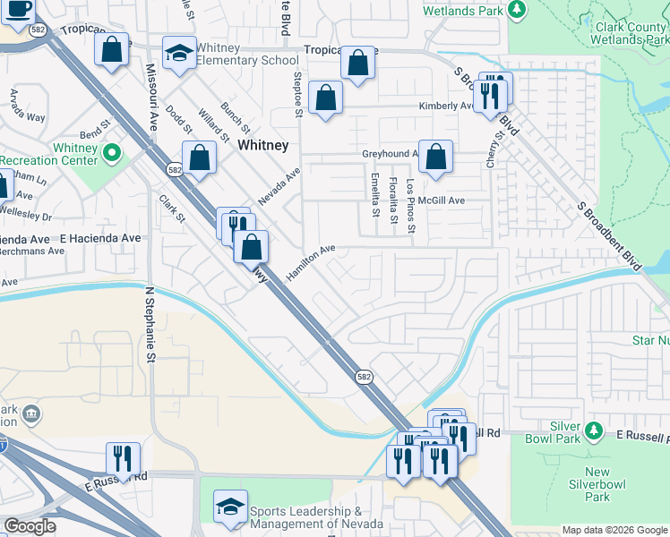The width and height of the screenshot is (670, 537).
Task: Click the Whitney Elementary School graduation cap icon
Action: tap(179, 53)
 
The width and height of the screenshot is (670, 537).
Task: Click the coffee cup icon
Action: tap(16, 10)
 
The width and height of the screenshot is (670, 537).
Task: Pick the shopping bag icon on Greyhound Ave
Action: tap(435, 158)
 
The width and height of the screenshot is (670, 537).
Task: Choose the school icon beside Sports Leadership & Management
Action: tap(230, 507)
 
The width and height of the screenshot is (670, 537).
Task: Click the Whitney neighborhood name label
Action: tap(262, 145)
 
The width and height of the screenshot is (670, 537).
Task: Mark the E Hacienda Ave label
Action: tap(100, 238)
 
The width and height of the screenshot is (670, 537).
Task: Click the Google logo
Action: tap(30, 526)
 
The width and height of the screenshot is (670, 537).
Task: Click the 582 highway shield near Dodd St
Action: tap(174, 169)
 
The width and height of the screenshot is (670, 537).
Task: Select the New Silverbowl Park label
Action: tap(597, 484)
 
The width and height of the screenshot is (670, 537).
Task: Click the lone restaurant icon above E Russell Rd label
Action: tap(123, 457)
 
